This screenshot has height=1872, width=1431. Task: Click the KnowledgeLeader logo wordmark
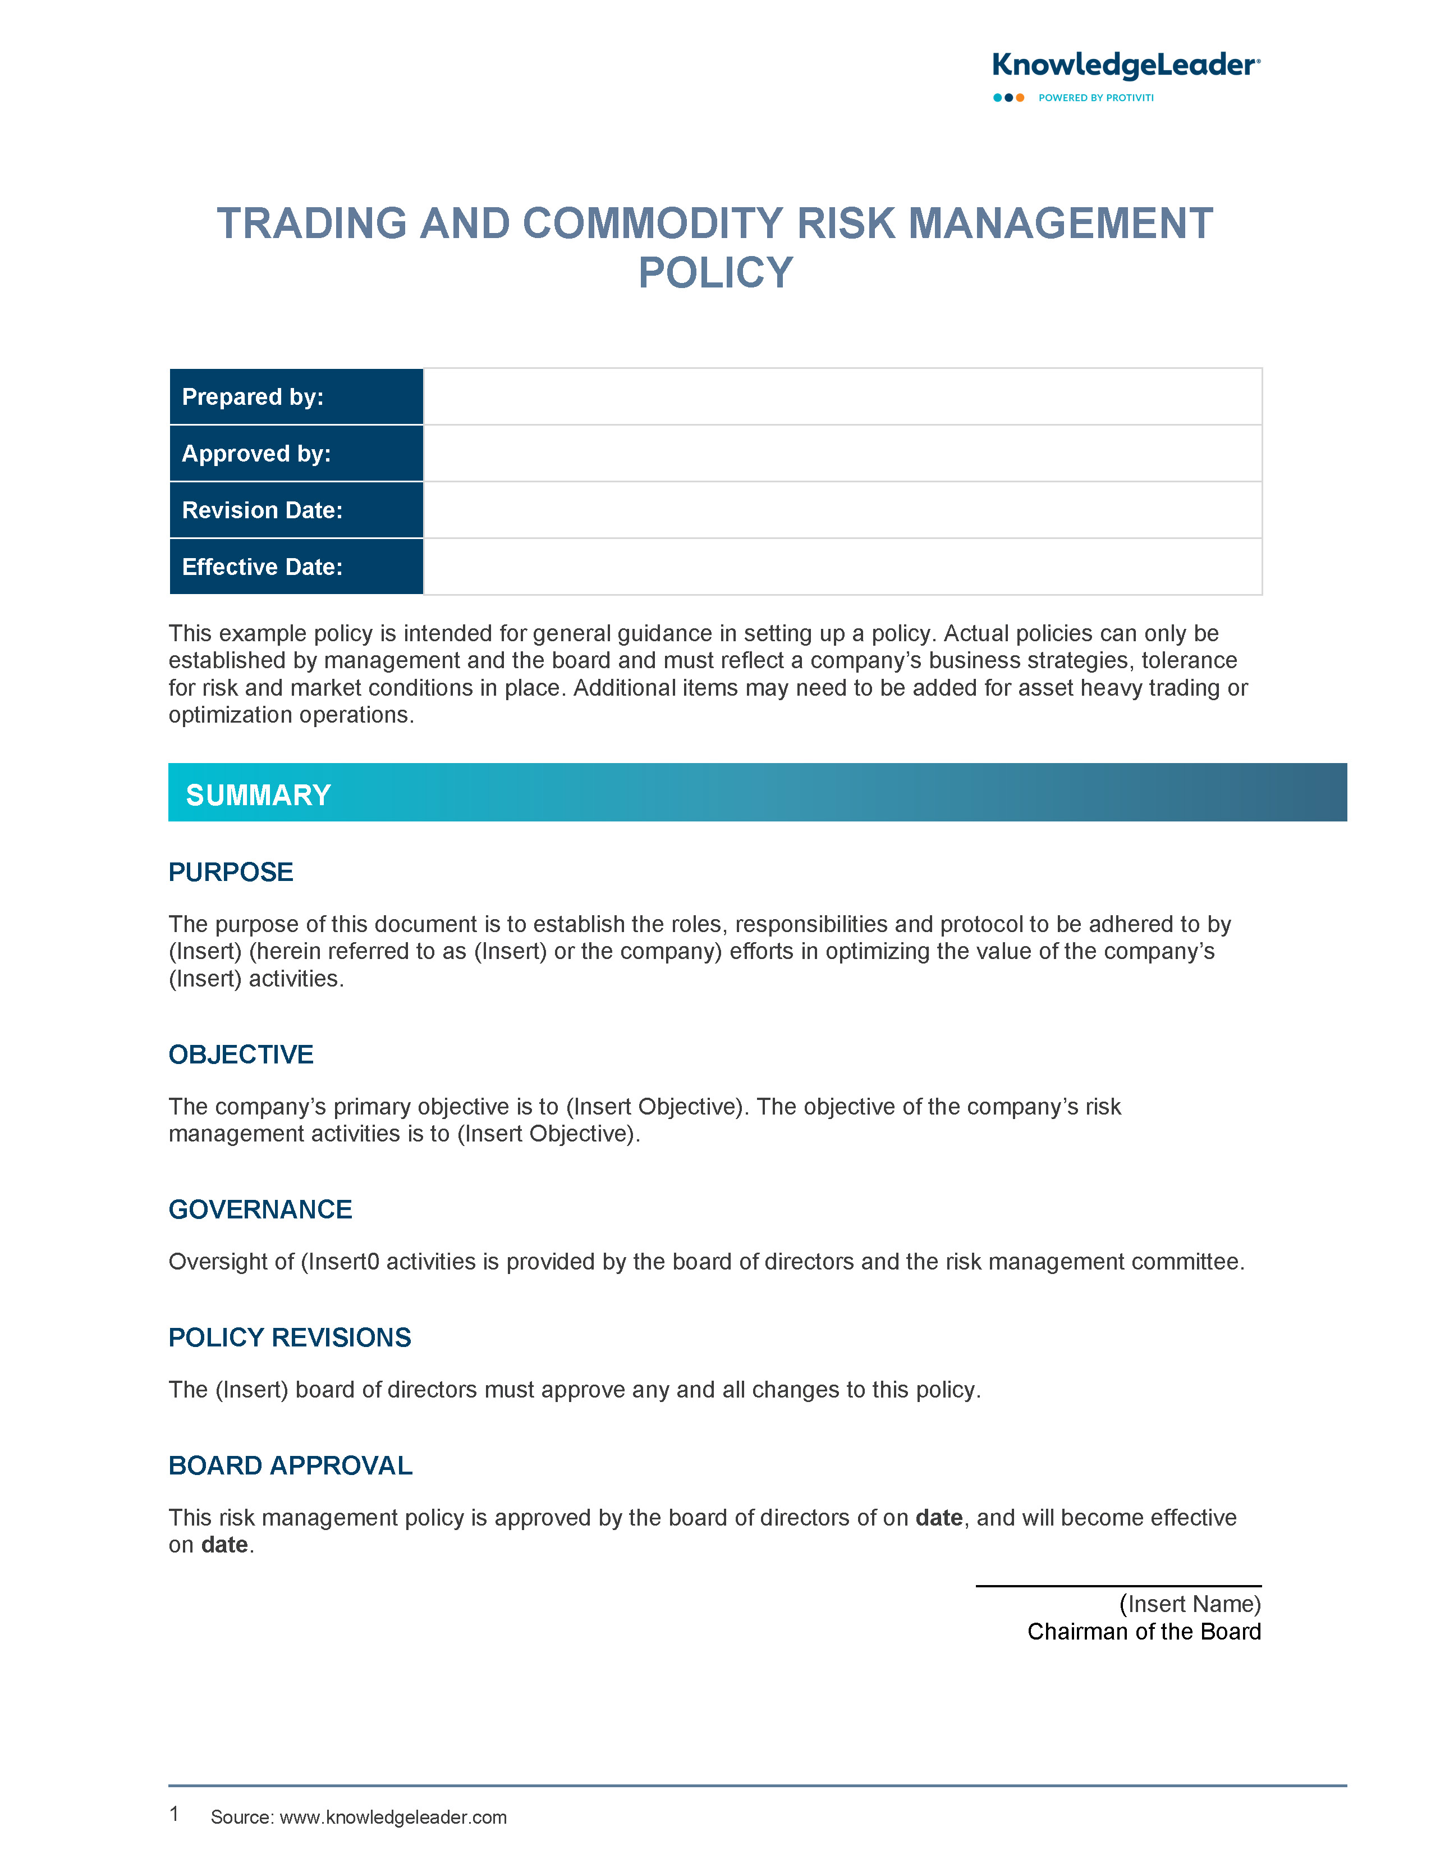point(1125,65)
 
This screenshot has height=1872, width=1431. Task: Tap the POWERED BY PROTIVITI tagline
point(1095,98)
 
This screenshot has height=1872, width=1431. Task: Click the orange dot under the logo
point(1020,98)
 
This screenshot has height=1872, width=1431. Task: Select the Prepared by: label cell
point(296,397)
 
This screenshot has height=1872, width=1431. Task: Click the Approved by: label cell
point(296,453)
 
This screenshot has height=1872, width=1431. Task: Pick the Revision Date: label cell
point(296,510)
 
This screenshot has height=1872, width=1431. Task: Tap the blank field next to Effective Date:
point(842,567)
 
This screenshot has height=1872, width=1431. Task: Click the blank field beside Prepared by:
point(842,397)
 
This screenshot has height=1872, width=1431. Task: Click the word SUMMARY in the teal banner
point(258,795)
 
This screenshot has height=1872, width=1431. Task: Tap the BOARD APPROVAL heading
point(291,1465)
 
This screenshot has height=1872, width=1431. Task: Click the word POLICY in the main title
point(715,273)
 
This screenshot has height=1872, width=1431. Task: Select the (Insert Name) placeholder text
point(1189,1604)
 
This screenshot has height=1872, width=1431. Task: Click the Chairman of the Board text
point(1143,1632)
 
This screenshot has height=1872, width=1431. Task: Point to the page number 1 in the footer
point(174,1814)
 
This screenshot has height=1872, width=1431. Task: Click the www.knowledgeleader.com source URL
point(393,1818)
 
